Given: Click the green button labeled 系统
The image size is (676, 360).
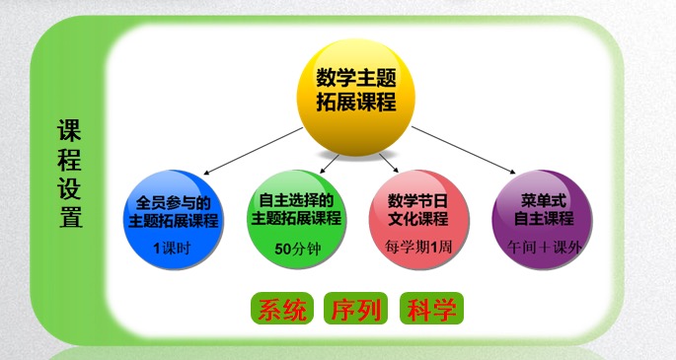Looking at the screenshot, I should coord(282,309).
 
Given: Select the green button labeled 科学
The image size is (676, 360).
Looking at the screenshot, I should coord(431,309).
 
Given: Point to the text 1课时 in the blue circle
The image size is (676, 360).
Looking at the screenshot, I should coord(178,248).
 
